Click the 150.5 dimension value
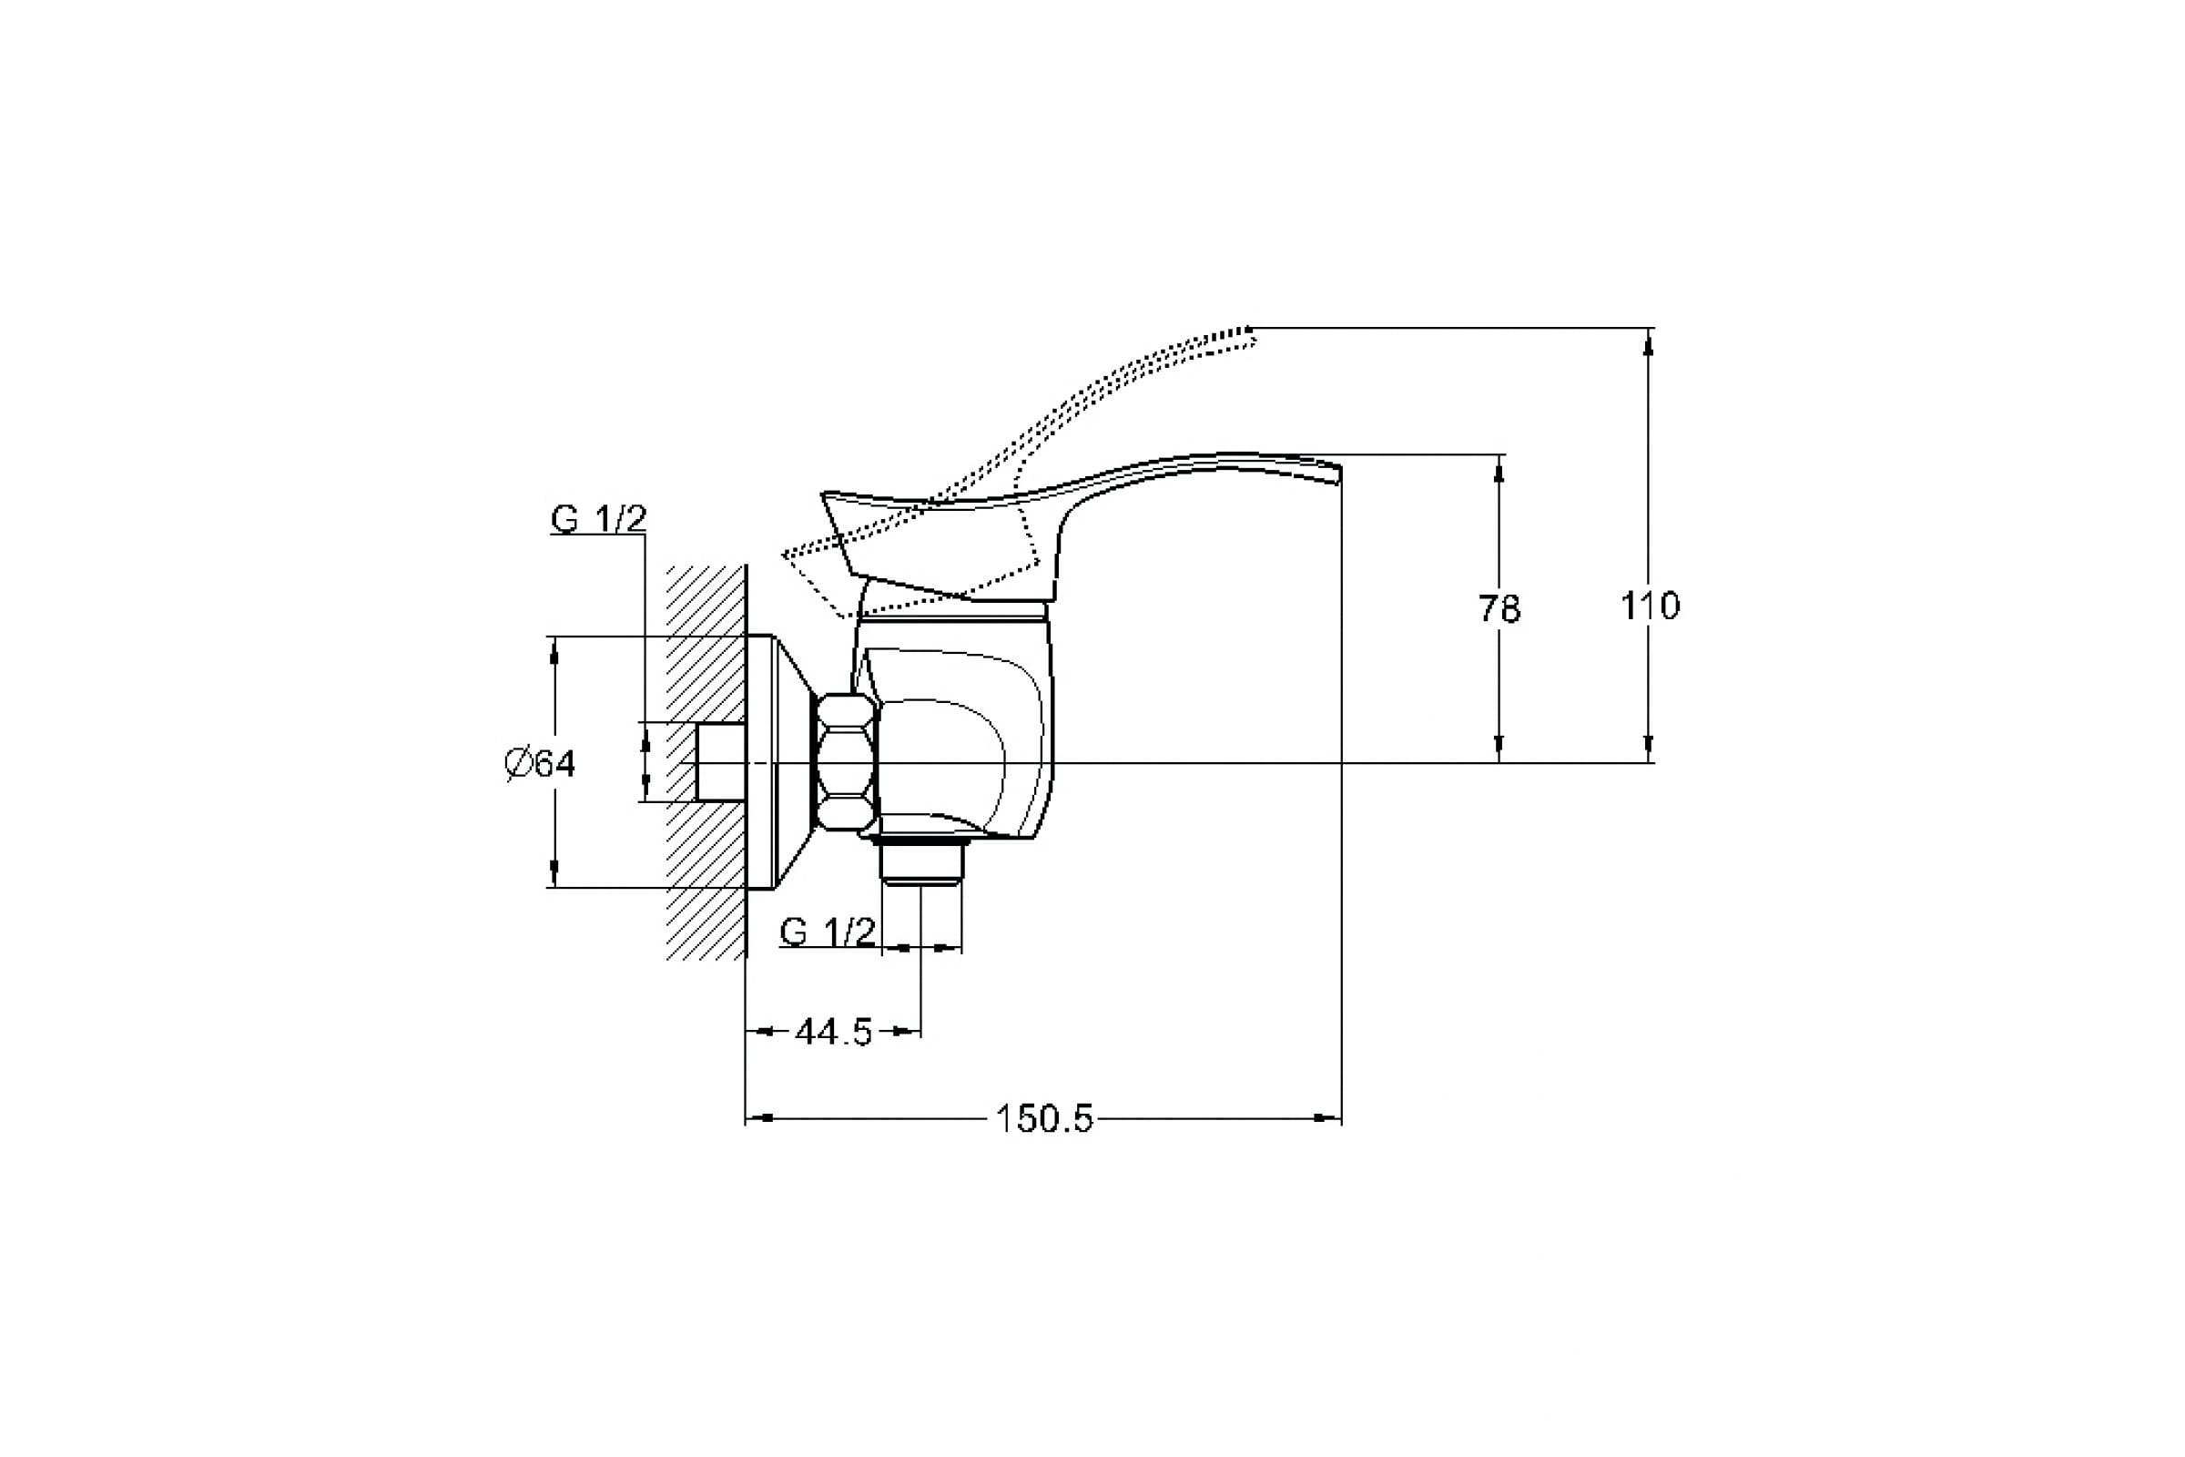[x=1044, y=1119]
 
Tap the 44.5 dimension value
[x=833, y=1032]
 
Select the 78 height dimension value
[x=1499, y=609]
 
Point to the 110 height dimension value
[x=1651, y=606]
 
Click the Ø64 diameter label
[x=541, y=764]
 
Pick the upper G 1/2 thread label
[x=597, y=518]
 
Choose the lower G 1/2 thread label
[x=827, y=931]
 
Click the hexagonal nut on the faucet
[x=847, y=762]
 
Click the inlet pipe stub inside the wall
[x=721, y=762]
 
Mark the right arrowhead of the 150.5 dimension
[x=1330, y=1118]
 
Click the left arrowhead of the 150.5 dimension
[x=758, y=1118]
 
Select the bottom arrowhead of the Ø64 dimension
[x=554, y=873]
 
